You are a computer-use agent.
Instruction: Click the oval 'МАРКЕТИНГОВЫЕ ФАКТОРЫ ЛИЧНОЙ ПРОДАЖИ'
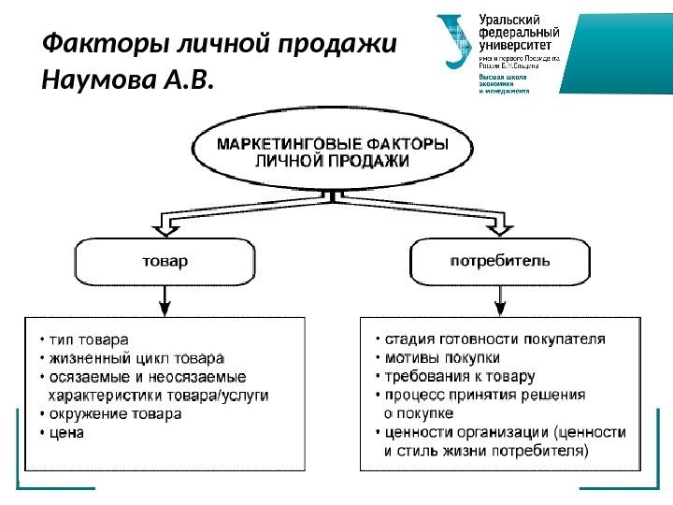tap(333, 151)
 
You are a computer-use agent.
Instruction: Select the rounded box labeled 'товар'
tap(165, 261)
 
